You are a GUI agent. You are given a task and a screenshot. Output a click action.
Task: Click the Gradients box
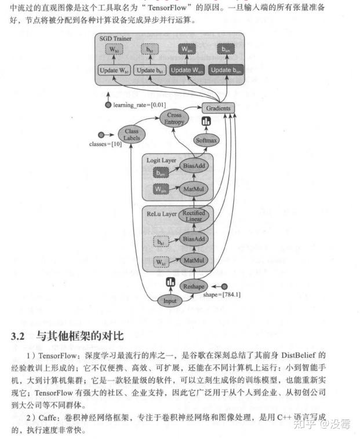[x=217, y=108]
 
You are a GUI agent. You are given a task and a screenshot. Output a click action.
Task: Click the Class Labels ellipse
[x=132, y=134]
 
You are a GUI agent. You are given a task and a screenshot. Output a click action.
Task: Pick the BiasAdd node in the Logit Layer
[x=194, y=166]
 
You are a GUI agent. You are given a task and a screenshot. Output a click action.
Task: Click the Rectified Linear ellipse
[x=194, y=216]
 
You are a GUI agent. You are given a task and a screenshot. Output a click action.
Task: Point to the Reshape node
[x=194, y=287]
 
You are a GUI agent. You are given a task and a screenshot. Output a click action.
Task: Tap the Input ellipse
[x=169, y=301]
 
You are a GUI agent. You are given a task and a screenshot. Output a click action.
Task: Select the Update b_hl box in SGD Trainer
[x=150, y=70]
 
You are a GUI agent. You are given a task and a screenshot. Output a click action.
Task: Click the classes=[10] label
[x=105, y=144]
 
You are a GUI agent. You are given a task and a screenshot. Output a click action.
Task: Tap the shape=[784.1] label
[x=222, y=295]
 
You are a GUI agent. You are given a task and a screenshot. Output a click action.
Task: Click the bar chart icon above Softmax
[x=205, y=122]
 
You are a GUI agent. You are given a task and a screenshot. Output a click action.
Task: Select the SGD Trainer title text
[x=115, y=38]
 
